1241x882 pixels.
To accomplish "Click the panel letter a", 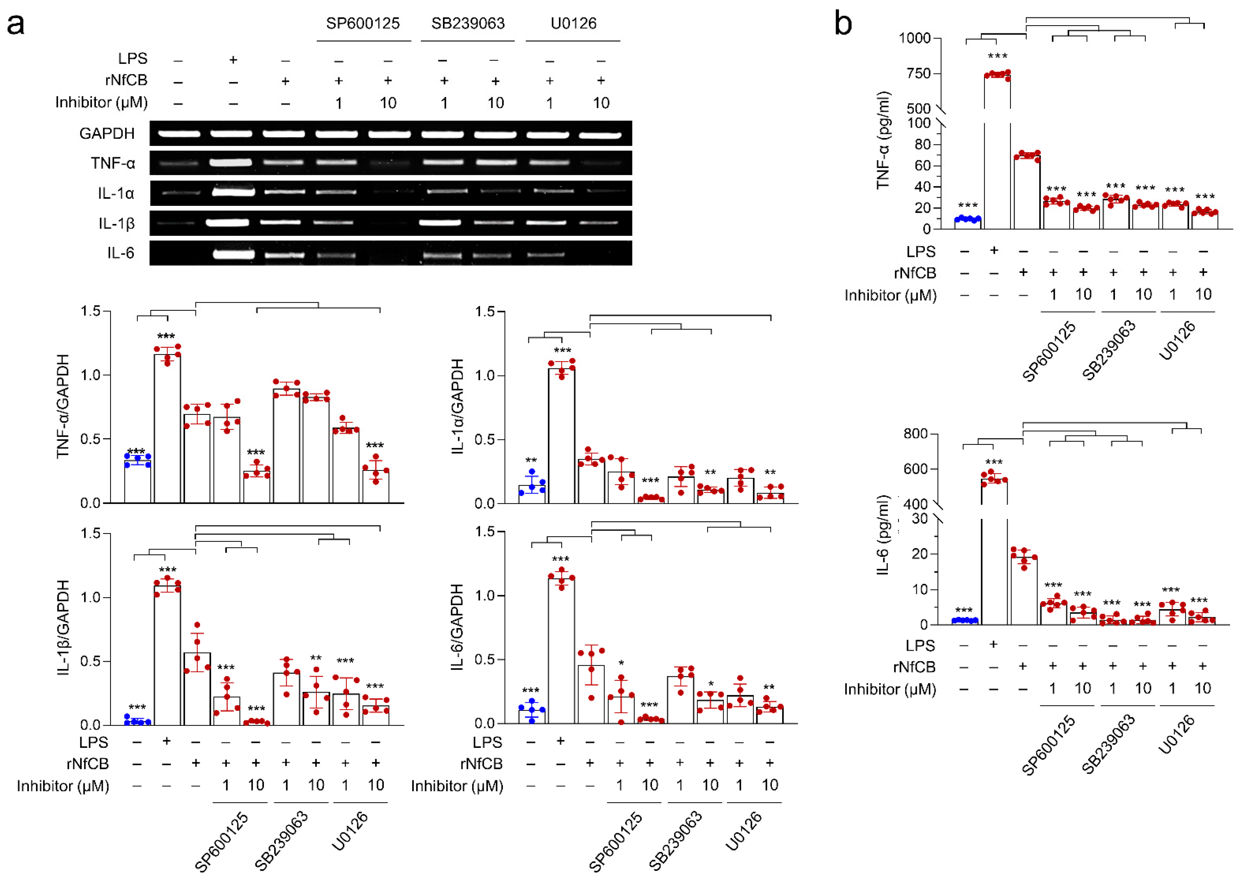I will [x=15, y=25].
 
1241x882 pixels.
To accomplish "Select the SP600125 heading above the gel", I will [x=363, y=23].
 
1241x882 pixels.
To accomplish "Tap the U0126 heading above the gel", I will [x=573, y=23].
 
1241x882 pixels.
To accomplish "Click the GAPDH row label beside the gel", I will [x=107, y=134].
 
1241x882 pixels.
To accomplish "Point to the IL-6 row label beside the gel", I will [x=121, y=253].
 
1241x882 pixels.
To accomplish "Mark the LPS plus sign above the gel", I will [x=233, y=59].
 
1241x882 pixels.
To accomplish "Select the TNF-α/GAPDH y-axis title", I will [x=63, y=406].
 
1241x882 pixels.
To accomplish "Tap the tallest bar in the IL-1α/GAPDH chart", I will [x=561, y=434].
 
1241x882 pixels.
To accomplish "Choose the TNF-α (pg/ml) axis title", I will [x=883, y=140].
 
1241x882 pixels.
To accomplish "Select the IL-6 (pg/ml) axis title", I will [x=883, y=535].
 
